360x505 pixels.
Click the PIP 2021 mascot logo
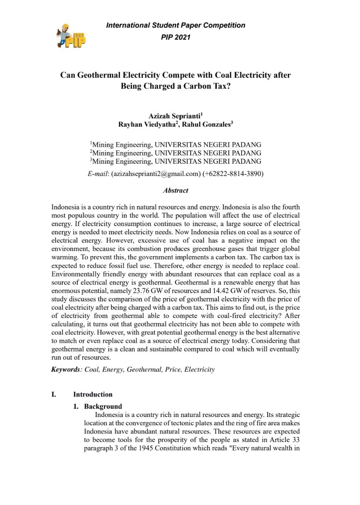(71, 36)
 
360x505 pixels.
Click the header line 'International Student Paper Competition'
(176, 25)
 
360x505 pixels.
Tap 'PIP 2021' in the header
(176, 37)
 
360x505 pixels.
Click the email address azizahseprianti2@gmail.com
(156, 173)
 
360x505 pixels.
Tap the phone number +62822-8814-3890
(233, 173)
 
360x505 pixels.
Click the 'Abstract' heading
(176, 191)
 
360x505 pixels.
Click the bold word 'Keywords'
(66, 370)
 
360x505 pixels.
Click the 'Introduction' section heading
(93, 394)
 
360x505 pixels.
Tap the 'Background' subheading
(103, 406)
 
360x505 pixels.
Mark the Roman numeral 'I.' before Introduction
(54, 394)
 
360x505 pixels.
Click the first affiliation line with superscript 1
(176, 145)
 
